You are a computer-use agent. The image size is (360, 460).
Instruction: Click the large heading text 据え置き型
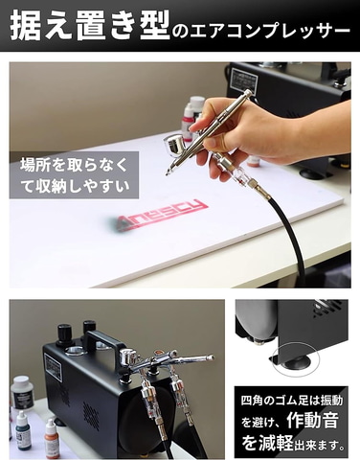[x=90, y=27]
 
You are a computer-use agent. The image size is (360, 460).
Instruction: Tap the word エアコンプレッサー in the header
[x=266, y=32]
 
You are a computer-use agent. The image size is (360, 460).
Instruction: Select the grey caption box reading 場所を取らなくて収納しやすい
[x=74, y=175]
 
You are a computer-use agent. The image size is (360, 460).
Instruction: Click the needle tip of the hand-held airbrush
[x=167, y=174]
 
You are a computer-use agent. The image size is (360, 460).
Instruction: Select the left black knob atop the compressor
[x=65, y=334]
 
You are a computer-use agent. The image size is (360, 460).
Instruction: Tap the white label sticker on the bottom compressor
[x=54, y=367]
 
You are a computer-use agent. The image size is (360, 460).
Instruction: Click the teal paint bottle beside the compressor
[x=24, y=430]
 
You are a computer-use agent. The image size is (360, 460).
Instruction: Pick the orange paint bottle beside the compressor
[x=52, y=438]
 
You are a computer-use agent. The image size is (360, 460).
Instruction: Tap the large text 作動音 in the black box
[x=312, y=421]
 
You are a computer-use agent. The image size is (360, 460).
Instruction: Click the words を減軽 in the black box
[x=267, y=443]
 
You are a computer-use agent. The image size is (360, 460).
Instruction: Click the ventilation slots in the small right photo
[x=328, y=309]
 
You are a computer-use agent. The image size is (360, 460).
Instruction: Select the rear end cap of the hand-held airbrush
[x=247, y=93]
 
